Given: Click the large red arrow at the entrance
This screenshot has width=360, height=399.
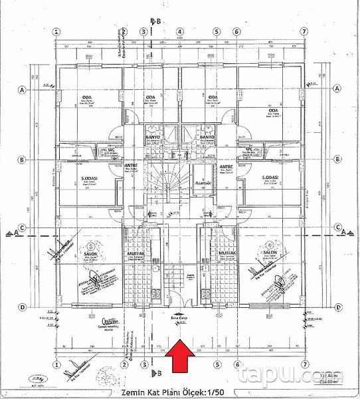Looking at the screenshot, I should point(180,362).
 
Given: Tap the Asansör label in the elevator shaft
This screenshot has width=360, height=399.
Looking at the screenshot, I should point(202,180).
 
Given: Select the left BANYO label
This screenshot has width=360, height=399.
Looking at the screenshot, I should point(154,139).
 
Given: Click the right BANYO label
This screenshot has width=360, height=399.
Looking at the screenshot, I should point(207,139).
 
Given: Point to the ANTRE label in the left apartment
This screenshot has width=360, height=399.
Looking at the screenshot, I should point(131,166).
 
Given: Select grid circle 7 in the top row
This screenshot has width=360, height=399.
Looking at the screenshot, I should point(304,31).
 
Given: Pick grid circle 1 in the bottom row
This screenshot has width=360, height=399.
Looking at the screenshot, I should point(58,364).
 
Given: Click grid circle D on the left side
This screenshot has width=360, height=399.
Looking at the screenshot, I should point(23,307).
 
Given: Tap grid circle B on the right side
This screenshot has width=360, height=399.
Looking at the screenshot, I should point(337,160).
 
